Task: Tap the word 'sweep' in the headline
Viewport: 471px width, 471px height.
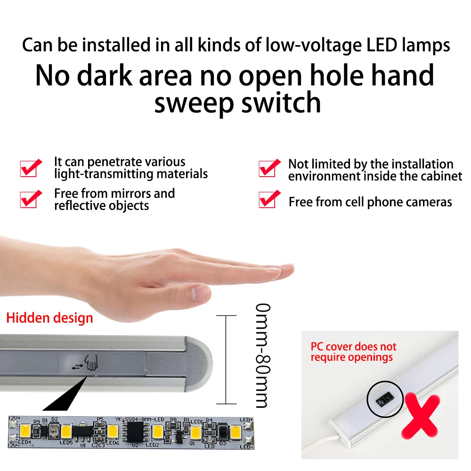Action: coord(194,103)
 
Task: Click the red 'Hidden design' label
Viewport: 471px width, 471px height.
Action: coord(49,318)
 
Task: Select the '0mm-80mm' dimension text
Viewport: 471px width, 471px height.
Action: coord(262,356)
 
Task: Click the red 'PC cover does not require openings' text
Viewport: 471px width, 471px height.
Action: coord(353,352)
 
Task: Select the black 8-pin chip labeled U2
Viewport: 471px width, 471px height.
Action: coord(135,430)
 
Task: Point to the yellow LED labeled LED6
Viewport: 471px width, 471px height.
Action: coord(112,431)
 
